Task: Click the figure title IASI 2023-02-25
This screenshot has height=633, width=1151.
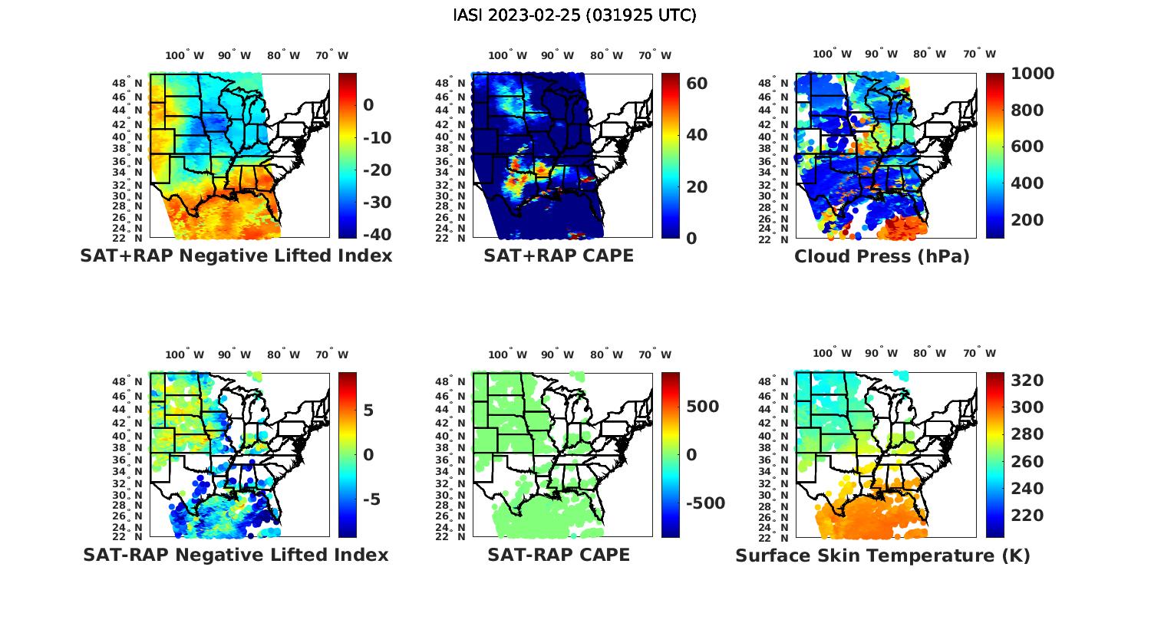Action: pyautogui.click(x=575, y=15)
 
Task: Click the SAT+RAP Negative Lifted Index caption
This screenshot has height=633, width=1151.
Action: pyautogui.click(x=236, y=256)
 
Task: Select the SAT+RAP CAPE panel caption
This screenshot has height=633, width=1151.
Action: pyautogui.click(x=559, y=256)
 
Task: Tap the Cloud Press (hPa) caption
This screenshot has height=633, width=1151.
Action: pyautogui.click(x=882, y=256)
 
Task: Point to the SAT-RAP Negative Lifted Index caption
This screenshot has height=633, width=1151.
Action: pyautogui.click(x=236, y=555)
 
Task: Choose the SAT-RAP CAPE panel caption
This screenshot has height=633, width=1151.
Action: pyautogui.click(x=559, y=555)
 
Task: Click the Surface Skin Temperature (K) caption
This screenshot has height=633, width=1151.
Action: pyautogui.click(x=882, y=556)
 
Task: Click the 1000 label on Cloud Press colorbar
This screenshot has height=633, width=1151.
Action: pyautogui.click(x=1032, y=74)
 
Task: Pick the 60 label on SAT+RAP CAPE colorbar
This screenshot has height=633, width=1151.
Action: pyautogui.click(x=697, y=83)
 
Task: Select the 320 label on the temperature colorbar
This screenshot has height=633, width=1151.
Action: pyautogui.click(x=1026, y=381)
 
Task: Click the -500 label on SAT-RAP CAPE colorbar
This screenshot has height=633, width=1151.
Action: pyautogui.click(x=704, y=503)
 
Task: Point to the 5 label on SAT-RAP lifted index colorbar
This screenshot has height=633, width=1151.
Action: pyautogui.click(x=368, y=410)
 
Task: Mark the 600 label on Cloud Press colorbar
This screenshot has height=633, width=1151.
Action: pyautogui.click(x=1027, y=147)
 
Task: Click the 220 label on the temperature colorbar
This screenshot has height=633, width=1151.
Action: pyautogui.click(x=1026, y=516)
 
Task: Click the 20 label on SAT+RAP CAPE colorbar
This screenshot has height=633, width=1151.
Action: pyautogui.click(x=697, y=187)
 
